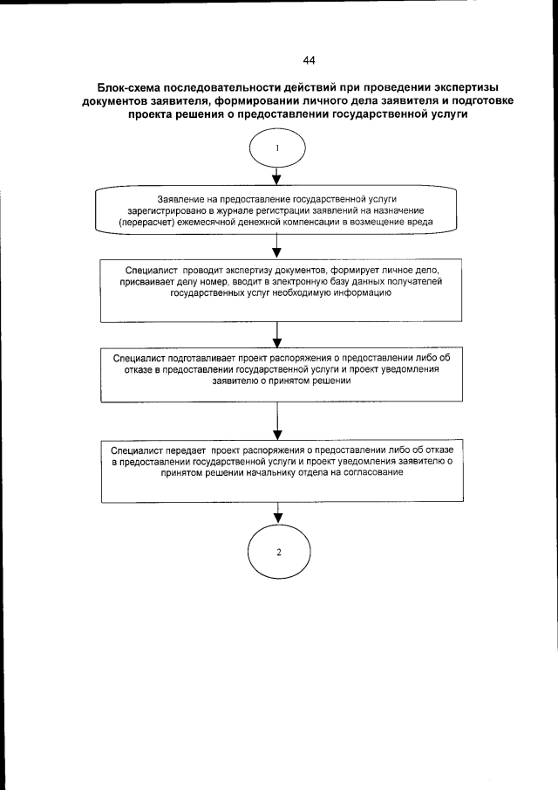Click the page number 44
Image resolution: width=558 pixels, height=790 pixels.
(x=308, y=60)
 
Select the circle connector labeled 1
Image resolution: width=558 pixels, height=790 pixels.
(x=276, y=148)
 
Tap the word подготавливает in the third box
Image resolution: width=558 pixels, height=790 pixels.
(x=206, y=358)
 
